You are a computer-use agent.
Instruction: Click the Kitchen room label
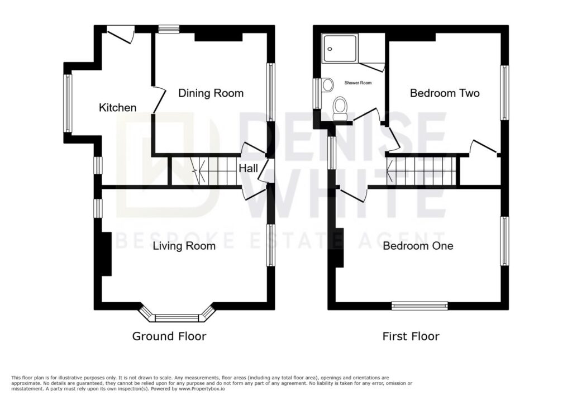pyautogui.click(x=117, y=108)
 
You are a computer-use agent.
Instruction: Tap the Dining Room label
pyautogui.click(x=211, y=93)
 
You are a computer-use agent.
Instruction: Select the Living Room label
pyautogui.click(x=184, y=246)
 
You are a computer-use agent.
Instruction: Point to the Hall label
pyautogui.click(x=249, y=168)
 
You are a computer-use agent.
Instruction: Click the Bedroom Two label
pyautogui.click(x=445, y=93)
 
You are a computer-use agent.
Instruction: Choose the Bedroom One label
pyautogui.click(x=418, y=246)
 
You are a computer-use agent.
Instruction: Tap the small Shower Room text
pyautogui.click(x=358, y=83)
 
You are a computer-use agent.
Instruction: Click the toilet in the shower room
pyautogui.click(x=340, y=108)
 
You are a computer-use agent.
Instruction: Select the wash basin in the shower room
pyautogui.click(x=327, y=85)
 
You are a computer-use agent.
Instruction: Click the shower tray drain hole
pyautogui.click(x=330, y=49)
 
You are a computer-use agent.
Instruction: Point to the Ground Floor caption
pyautogui.click(x=169, y=336)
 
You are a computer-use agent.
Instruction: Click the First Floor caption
pyautogui.click(x=411, y=336)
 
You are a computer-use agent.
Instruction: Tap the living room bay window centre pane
pyautogui.click(x=177, y=318)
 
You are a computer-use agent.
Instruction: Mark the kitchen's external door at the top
pyautogui.click(x=121, y=35)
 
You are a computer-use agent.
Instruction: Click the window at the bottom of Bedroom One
pyautogui.click(x=420, y=306)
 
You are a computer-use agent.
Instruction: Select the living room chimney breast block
pyautogui.click(x=107, y=254)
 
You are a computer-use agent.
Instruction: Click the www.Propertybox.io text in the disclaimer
pyautogui.click(x=202, y=389)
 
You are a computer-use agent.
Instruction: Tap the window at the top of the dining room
pyautogui.click(x=169, y=29)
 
